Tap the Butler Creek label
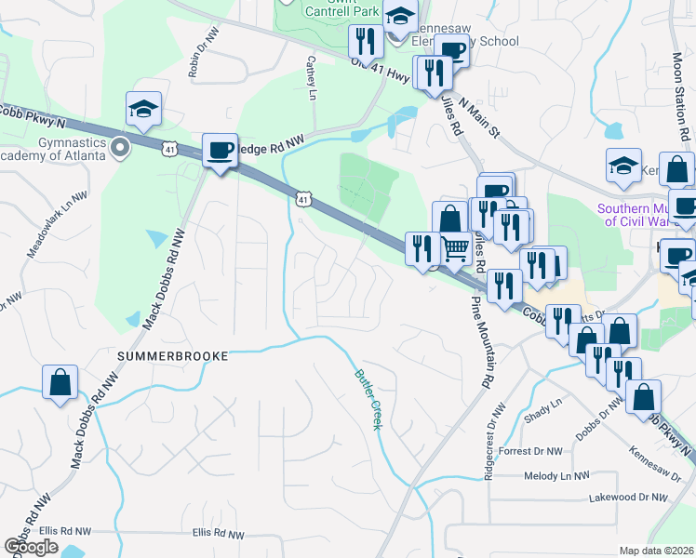point(368,399)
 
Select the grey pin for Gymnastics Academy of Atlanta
point(120,148)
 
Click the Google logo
point(31,547)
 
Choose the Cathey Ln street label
point(312,75)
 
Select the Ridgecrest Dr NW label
point(489,435)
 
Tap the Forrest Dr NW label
point(530,451)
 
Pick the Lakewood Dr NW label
point(628,498)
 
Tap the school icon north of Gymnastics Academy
point(143,109)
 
